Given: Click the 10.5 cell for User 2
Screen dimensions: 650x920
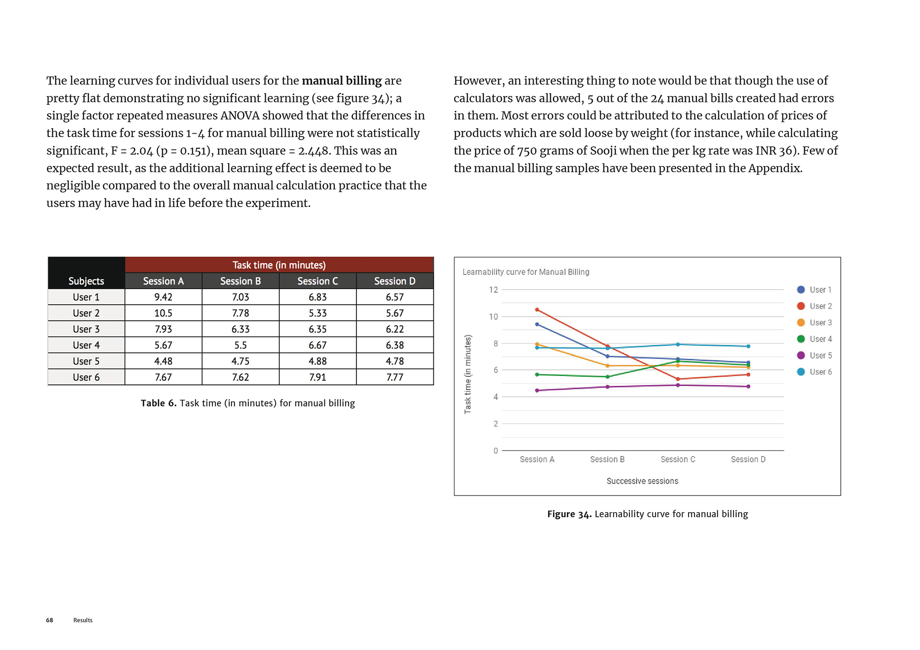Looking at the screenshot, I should (x=163, y=313).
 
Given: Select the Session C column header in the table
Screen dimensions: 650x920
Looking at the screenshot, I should (x=317, y=281).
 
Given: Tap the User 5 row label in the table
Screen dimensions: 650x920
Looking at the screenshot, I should (x=86, y=361).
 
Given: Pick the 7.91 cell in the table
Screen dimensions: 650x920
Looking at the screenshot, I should (x=317, y=377).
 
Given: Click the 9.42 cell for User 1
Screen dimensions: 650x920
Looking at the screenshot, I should (x=163, y=297).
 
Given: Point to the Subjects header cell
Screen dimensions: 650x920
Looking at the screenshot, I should (x=86, y=281).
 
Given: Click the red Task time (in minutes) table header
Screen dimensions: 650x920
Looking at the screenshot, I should (x=279, y=265).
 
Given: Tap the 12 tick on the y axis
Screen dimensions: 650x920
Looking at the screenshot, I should (x=493, y=290).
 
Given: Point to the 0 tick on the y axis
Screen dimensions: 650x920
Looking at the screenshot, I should (x=495, y=450).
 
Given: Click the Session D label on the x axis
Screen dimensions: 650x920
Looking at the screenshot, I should (x=748, y=459).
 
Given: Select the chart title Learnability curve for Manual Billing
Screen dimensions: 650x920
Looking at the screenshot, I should (x=526, y=272).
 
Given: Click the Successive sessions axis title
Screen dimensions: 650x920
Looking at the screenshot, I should (x=642, y=481).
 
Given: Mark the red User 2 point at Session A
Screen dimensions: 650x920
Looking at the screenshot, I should (x=537, y=310).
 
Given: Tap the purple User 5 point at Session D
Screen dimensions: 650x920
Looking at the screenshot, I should (x=748, y=387).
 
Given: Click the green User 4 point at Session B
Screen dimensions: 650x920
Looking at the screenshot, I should (x=608, y=377).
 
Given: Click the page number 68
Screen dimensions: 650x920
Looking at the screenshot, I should (x=50, y=620).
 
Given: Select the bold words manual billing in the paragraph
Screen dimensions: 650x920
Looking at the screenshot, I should (x=341, y=80).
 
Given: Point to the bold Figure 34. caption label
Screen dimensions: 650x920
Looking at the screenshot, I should (x=569, y=514).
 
